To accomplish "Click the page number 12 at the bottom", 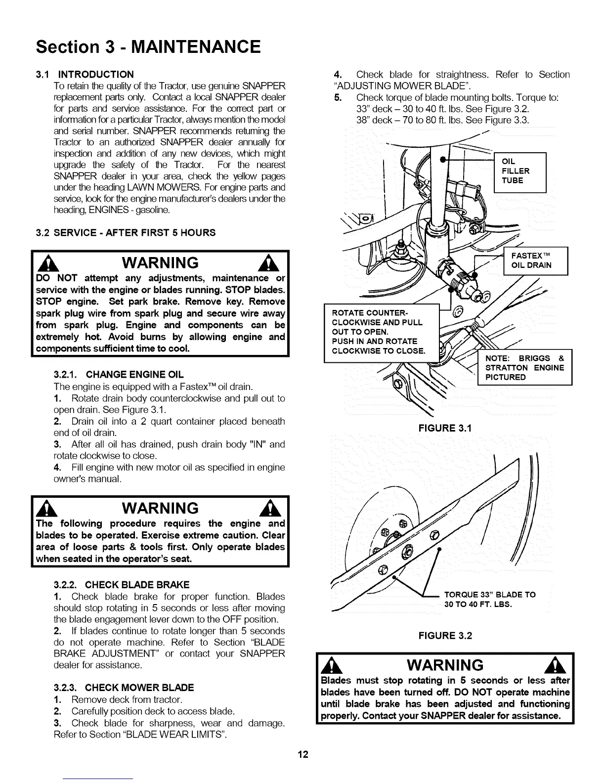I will click(x=302, y=754).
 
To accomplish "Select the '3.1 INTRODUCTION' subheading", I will click(x=85, y=75).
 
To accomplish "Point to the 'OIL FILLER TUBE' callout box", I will click(x=519, y=171).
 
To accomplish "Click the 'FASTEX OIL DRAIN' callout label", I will click(x=535, y=260).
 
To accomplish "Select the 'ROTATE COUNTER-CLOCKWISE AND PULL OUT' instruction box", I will click(x=381, y=332).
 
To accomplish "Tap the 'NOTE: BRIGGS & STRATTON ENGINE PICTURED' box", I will click(x=525, y=367).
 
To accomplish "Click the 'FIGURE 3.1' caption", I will click(x=445, y=428).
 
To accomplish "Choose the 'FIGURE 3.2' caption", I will click(x=445, y=635).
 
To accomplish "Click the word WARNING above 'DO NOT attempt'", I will click(x=160, y=262).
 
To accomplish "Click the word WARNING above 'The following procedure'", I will click(x=160, y=508).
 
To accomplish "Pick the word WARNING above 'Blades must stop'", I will click(x=445, y=665).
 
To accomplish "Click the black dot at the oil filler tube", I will click(x=443, y=160).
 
